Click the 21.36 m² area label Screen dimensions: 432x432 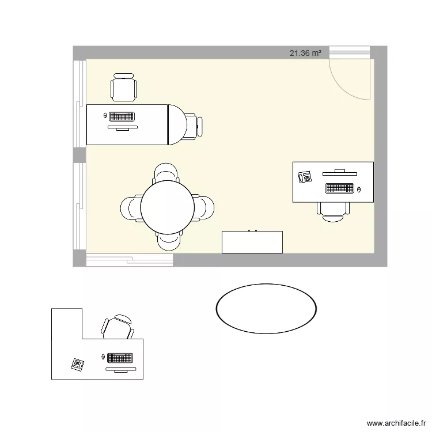click(305, 53)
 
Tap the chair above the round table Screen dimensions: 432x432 click(166, 172)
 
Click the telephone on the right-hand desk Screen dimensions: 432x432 click(305, 177)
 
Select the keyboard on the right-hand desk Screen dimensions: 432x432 click(339, 188)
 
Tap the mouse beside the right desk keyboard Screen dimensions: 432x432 click(359, 189)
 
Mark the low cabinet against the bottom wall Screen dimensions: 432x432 click(252, 242)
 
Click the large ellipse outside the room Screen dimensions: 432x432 click(266, 308)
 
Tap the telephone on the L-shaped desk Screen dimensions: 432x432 click(77, 364)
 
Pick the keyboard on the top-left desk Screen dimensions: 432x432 click(122, 116)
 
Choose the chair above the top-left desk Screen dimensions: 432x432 click(124, 88)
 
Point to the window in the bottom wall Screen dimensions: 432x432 click(130, 260)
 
